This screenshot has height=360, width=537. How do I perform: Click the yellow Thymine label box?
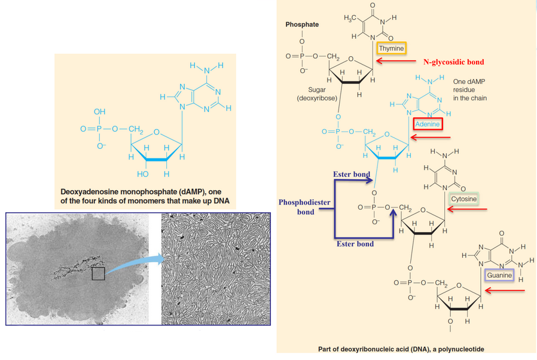click(x=391, y=48)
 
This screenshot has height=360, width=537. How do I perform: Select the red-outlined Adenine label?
click(x=427, y=124)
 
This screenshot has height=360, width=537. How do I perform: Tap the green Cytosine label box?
click(x=464, y=199)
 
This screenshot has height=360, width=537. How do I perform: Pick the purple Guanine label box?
click(x=499, y=275)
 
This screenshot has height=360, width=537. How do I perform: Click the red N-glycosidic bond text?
click(x=453, y=62)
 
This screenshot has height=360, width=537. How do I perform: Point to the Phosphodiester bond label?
click(x=305, y=207)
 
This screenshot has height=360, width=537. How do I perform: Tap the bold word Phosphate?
click(x=302, y=25)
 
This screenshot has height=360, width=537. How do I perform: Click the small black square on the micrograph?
click(x=99, y=274)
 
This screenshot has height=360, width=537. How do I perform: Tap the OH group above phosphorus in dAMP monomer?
click(x=99, y=112)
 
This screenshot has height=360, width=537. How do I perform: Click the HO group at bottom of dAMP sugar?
click(x=143, y=174)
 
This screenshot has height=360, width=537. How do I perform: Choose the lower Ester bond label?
click(x=355, y=243)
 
